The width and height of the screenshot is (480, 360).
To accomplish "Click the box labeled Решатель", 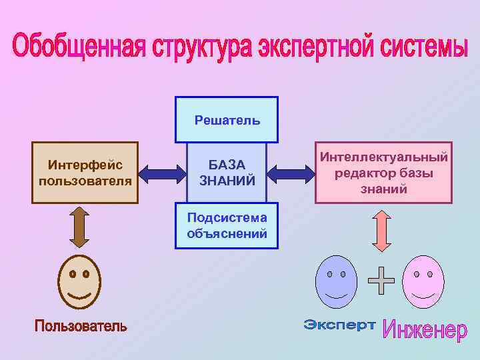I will pos(227,119).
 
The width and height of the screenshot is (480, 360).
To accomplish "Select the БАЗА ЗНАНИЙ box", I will pos(227,172).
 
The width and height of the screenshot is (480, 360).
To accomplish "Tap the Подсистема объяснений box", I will pos(227,225).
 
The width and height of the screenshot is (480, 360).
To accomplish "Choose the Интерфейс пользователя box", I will pos(85,172).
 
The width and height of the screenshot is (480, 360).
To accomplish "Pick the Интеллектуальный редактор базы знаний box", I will pos(383,173).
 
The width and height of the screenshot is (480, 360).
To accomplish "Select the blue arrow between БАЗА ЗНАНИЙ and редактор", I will pos(291,175).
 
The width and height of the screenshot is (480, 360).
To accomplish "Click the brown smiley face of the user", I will pos(79,281).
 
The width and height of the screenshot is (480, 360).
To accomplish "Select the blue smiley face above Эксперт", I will pos(336,282).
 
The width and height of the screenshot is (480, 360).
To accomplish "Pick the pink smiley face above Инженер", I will pos(423,282).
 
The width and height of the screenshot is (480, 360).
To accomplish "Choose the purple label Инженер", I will pos(424,329).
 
